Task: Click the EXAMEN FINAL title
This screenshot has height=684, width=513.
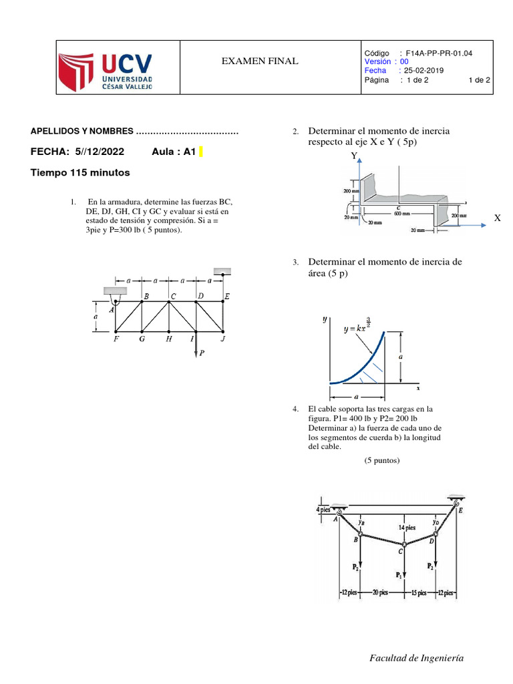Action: click(x=260, y=62)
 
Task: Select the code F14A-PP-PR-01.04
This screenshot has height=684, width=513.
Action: click(x=438, y=53)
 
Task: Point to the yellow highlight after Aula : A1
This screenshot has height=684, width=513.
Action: click(x=200, y=152)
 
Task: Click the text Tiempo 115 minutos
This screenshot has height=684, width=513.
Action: click(x=80, y=173)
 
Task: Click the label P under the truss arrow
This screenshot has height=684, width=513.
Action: click(x=202, y=354)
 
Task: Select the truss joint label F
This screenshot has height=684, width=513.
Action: click(x=116, y=339)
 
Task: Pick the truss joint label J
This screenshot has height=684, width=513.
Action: click(x=223, y=339)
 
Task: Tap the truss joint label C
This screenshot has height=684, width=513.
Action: click(x=173, y=295)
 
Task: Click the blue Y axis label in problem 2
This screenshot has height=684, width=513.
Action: click(x=354, y=156)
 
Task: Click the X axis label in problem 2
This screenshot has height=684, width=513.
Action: click(x=497, y=218)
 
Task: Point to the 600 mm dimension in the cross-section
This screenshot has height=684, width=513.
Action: click(x=401, y=214)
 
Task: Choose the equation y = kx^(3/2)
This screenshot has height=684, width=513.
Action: click(x=365, y=327)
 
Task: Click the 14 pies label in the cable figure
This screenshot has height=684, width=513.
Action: click(x=407, y=527)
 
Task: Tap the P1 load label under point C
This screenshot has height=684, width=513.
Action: click(x=399, y=574)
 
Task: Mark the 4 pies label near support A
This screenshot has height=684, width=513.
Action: click(x=324, y=510)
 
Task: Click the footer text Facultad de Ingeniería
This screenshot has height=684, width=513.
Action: click(x=416, y=659)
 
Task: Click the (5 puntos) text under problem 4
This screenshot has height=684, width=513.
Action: click(x=382, y=460)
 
